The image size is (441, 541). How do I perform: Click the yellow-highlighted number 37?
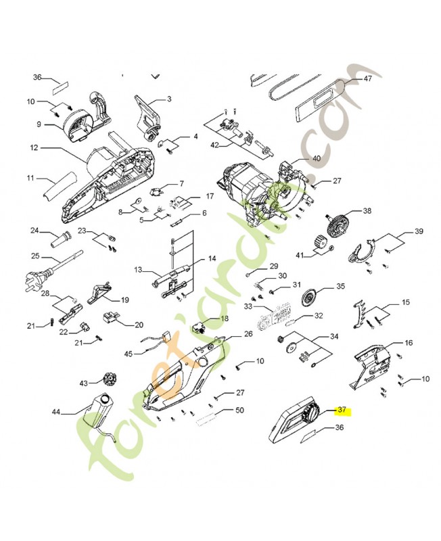coord(342,410)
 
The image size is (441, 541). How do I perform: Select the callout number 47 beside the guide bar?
coord(367,78)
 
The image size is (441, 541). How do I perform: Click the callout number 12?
coord(34,147)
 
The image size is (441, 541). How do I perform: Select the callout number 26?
coord(248,334)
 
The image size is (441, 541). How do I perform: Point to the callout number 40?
coord(316,158)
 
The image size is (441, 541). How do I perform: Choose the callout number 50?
coord(239,410)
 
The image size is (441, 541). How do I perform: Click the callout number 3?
coord(169,99)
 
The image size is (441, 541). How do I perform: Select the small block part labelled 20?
coord(111,316)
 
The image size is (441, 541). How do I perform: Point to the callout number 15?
coord(405,302)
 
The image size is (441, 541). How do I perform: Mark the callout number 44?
coord(56,412)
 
